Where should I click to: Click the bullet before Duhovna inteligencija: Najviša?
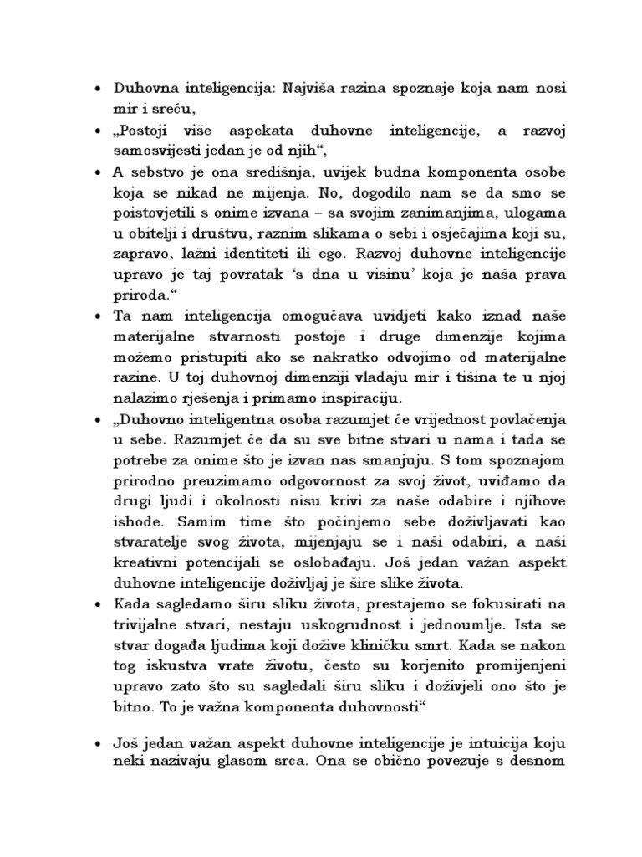click(99, 89)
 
